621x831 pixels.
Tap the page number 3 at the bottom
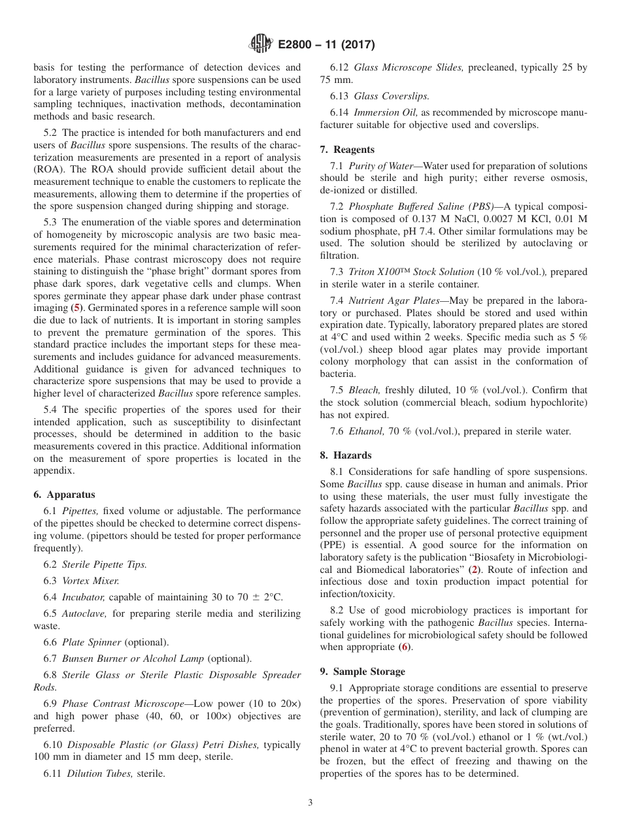coord(310,802)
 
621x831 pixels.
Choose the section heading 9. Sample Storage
coord(362,672)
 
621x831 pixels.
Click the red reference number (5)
coord(76,308)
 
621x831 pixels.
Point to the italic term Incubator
coord(84,597)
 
